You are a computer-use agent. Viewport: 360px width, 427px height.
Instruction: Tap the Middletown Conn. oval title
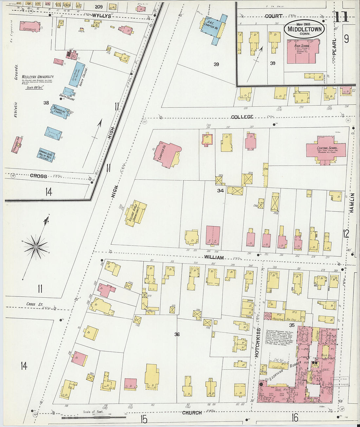click(304, 29)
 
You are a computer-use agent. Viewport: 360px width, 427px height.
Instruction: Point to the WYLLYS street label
click(101, 16)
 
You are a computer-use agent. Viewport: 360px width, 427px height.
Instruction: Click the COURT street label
click(274, 16)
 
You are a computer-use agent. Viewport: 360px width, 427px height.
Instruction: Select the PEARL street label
click(334, 48)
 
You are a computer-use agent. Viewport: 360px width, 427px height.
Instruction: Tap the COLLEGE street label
click(242, 117)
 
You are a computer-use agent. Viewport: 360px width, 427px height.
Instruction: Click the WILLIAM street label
click(214, 258)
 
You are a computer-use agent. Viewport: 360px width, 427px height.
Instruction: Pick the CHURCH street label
click(192, 413)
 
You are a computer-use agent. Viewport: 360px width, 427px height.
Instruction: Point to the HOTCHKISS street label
click(257, 342)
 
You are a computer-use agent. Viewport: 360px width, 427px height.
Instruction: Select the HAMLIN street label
click(352, 203)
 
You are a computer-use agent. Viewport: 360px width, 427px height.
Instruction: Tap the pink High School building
click(302, 51)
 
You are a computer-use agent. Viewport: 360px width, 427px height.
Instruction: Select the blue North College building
click(77, 74)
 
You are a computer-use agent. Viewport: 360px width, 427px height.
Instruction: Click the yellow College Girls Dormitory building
click(136, 213)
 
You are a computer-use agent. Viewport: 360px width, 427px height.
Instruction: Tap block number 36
click(177, 334)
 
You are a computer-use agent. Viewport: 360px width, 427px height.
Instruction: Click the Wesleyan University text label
click(38, 77)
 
